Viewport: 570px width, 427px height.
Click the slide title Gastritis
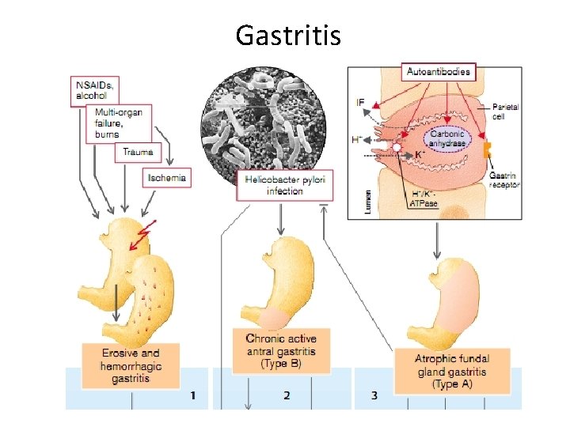(x=288, y=35)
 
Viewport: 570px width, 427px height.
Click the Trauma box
(x=138, y=152)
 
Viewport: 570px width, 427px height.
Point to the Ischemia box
(x=167, y=178)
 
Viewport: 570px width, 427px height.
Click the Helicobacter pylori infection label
(x=285, y=185)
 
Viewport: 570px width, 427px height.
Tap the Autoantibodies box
(x=438, y=72)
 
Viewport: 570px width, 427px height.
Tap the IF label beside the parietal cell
(x=360, y=103)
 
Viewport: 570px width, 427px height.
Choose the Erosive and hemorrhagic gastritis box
(x=131, y=365)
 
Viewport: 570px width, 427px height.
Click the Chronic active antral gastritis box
(x=280, y=351)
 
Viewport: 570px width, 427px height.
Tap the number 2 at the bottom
(x=287, y=395)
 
